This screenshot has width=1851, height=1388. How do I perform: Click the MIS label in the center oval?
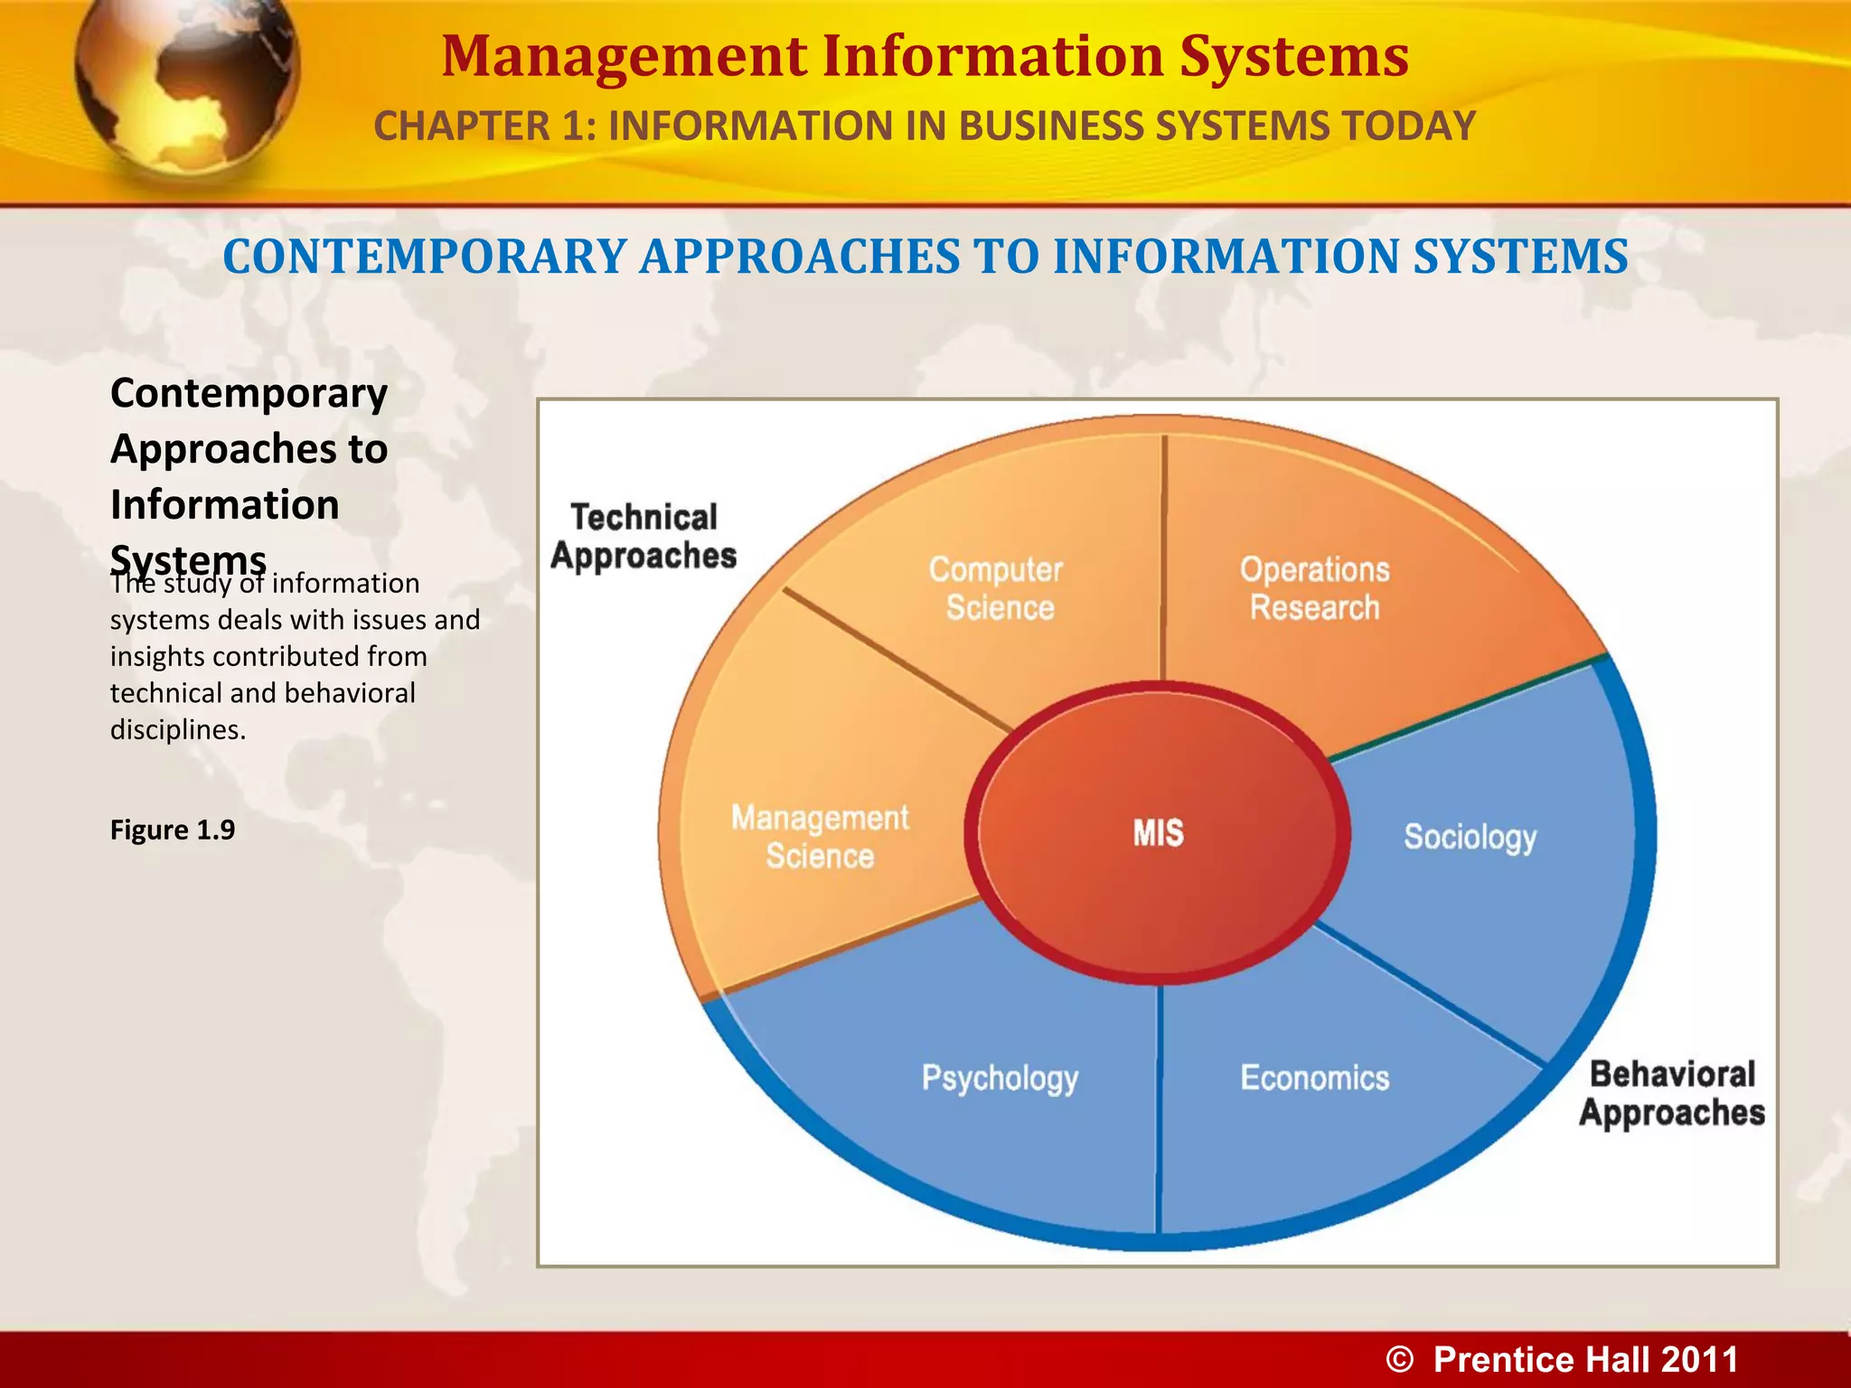(x=1158, y=832)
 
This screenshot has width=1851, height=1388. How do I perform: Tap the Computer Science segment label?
(x=997, y=588)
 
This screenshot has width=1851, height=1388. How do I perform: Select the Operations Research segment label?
(x=1314, y=588)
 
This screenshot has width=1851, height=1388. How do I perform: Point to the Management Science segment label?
(x=820, y=836)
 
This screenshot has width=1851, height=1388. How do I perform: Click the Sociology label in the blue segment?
(x=1470, y=837)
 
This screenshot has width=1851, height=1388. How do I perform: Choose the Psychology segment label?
(x=1000, y=1078)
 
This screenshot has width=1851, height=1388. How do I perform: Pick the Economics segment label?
(x=1314, y=1078)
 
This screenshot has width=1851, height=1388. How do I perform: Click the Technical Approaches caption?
(x=644, y=537)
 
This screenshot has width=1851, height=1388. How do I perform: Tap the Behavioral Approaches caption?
(x=1672, y=1093)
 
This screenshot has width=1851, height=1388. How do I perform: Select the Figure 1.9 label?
(x=173, y=830)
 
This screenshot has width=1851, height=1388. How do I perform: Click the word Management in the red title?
(x=624, y=56)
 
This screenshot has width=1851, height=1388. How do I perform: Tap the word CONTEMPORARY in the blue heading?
(x=424, y=257)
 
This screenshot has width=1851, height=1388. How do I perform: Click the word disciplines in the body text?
(x=177, y=729)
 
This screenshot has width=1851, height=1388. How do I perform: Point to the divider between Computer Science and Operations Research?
(x=1164, y=560)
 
